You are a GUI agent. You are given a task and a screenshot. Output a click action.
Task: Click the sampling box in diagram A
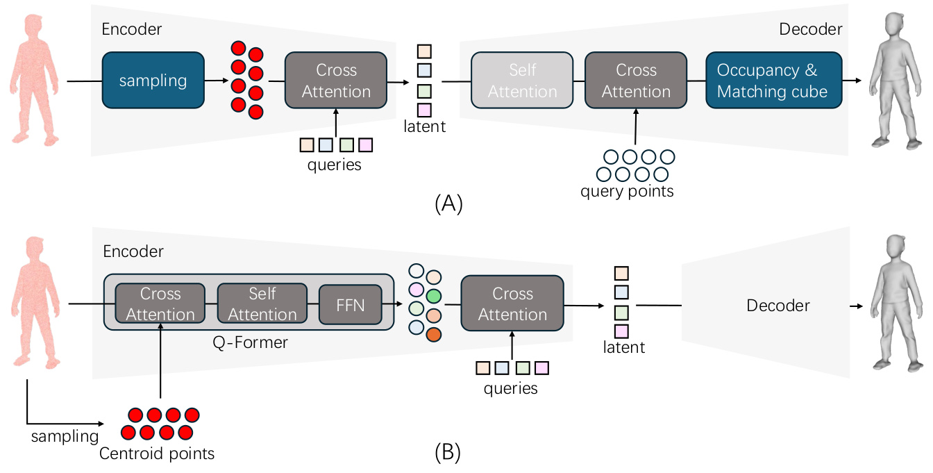(x=153, y=81)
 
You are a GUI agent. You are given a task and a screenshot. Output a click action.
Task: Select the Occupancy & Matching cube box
(x=773, y=81)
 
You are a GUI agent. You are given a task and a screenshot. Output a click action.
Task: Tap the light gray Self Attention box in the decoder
(x=522, y=81)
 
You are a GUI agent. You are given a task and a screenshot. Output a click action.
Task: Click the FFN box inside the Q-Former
(x=350, y=304)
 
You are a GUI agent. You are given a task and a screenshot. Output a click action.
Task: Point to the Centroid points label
(x=156, y=454)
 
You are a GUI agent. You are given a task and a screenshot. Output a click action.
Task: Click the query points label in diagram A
(x=627, y=191)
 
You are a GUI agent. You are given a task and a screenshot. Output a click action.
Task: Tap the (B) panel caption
(x=447, y=453)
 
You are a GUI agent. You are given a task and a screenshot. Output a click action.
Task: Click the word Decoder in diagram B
(x=778, y=306)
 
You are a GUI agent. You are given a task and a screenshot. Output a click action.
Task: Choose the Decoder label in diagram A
(x=810, y=29)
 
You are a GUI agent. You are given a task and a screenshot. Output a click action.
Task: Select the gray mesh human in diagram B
(x=892, y=303)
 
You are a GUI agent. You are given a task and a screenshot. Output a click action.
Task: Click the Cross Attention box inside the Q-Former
(x=160, y=304)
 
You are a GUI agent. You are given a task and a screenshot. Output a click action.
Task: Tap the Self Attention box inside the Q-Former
(x=262, y=304)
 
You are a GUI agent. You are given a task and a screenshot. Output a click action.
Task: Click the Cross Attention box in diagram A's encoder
(x=336, y=81)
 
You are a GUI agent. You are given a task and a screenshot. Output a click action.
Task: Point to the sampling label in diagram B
(x=65, y=436)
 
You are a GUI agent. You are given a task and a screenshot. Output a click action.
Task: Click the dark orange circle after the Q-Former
(x=435, y=334)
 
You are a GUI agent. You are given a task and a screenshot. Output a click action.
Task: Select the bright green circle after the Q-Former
(x=434, y=295)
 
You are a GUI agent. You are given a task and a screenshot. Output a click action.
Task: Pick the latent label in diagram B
(x=624, y=347)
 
